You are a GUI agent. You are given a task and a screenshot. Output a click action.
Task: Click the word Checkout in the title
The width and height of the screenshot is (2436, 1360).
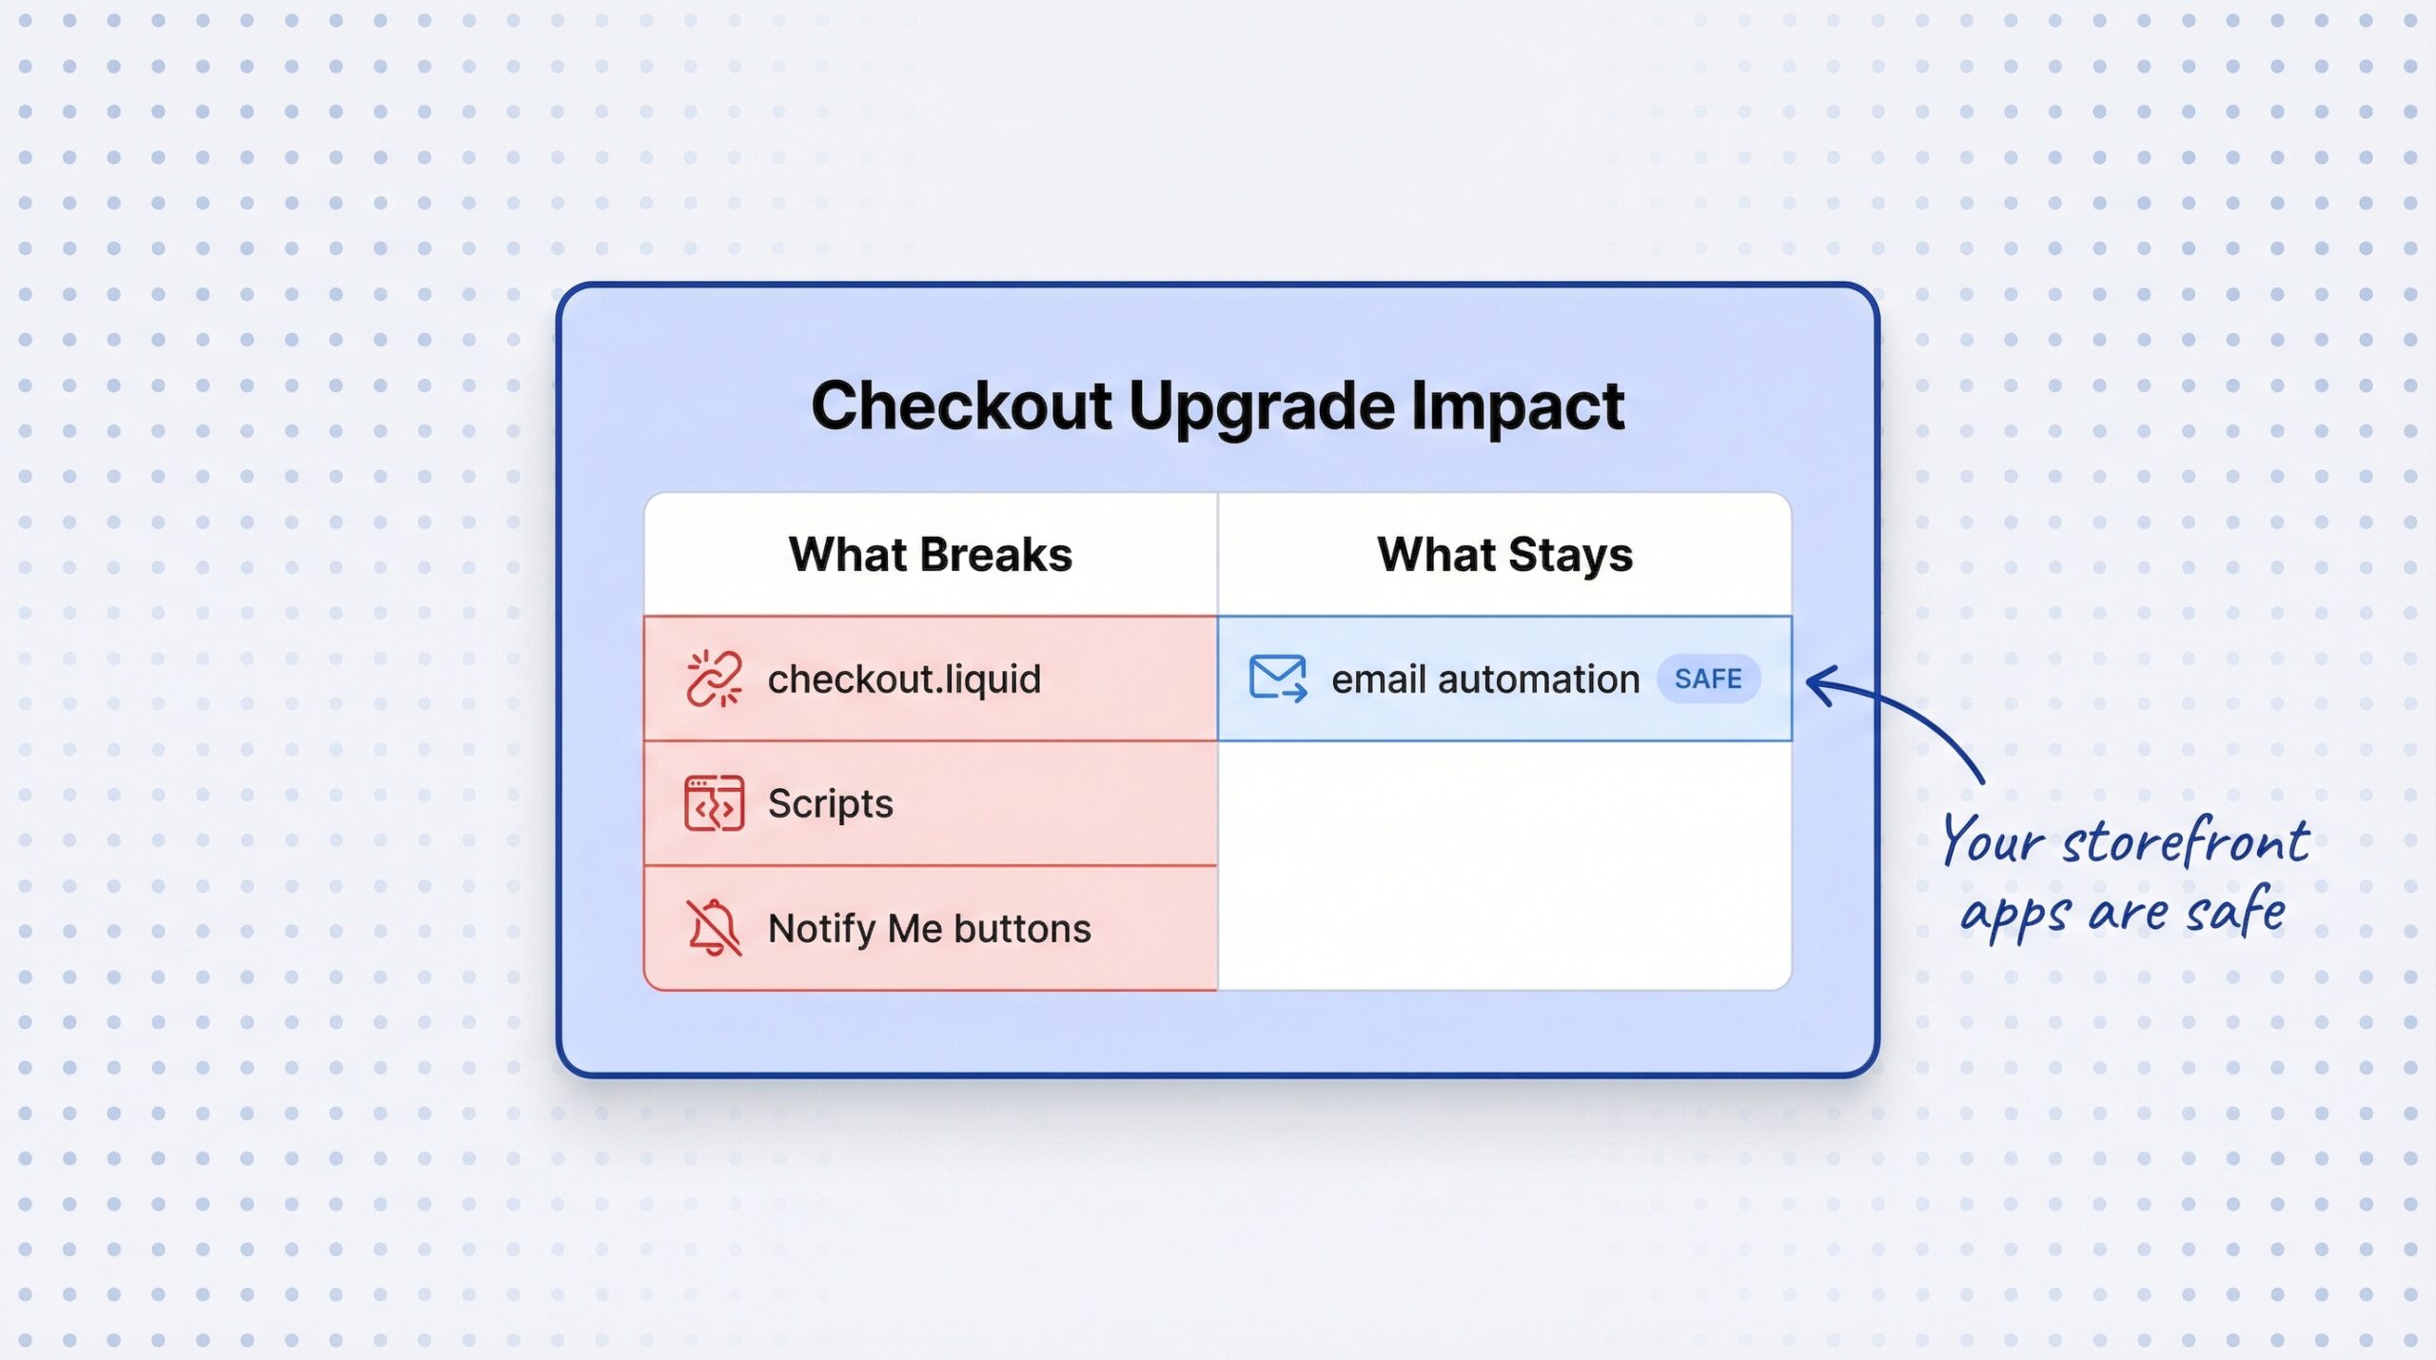[x=961, y=406]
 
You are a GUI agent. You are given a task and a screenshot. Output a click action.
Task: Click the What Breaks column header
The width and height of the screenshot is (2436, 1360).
[x=930, y=555]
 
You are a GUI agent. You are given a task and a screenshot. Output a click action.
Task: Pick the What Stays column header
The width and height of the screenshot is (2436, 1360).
[x=1504, y=555]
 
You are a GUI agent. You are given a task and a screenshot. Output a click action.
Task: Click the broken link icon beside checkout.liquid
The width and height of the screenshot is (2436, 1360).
[x=714, y=680]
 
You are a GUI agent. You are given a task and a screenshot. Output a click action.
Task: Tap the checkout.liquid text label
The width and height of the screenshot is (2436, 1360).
[x=904, y=680]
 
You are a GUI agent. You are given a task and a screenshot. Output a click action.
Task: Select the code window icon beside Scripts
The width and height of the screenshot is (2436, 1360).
[x=714, y=803]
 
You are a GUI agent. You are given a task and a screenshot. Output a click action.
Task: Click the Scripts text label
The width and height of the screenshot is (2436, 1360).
[x=830, y=804]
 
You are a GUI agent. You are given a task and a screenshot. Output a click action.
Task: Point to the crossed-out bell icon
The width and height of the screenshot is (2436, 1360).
[x=714, y=928]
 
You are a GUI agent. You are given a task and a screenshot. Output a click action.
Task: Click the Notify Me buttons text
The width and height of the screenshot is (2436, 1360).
[x=929, y=929]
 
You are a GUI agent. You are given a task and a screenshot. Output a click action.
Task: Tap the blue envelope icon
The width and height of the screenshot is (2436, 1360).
[x=1277, y=678]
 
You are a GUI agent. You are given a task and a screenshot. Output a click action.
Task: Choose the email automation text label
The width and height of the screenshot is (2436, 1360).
[x=1484, y=680]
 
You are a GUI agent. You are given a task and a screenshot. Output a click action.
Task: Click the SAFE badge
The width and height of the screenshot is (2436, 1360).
[x=1708, y=679]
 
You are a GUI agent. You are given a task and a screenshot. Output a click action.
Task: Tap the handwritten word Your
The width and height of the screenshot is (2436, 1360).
[x=1993, y=841]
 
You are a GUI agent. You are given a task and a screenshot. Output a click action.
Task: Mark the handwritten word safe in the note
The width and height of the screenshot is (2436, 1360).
[x=2236, y=912]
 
